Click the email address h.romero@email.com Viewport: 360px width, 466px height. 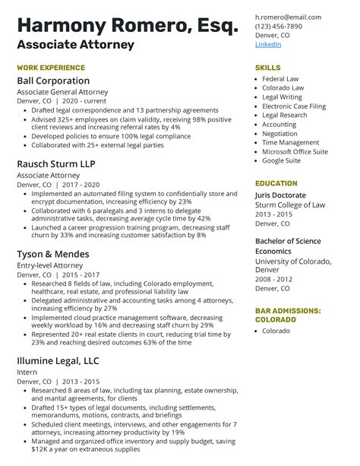point(288,17)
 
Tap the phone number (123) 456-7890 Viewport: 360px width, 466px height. point(278,26)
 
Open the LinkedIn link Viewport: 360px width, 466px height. point(268,44)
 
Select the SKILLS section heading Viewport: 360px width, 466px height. point(268,67)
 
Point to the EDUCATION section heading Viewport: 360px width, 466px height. point(276,183)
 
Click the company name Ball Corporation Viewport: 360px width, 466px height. point(53,81)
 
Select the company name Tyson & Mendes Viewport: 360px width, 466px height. point(53,254)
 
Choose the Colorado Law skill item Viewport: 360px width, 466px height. point(283,88)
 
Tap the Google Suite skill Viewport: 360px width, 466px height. point(282,160)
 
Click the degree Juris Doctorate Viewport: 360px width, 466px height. point(280,195)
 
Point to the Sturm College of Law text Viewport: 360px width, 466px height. point(289,205)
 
